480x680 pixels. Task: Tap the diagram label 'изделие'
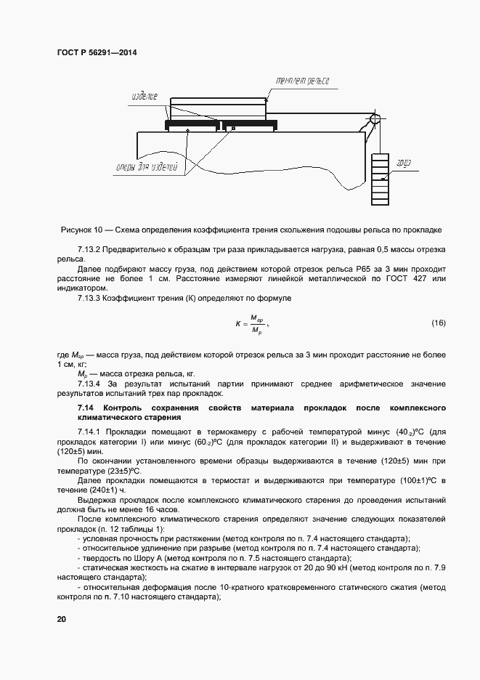coord(144,96)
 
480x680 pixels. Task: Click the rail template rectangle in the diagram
coord(217,110)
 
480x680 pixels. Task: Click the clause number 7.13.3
coord(90,299)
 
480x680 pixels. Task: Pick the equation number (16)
coord(438,322)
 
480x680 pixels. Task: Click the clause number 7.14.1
coord(90,432)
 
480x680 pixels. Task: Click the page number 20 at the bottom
coord(61,619)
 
